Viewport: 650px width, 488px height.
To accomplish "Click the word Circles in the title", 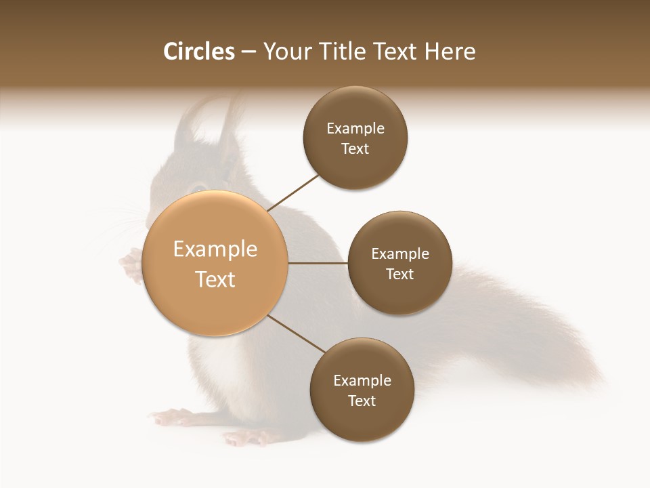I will click(199, 52).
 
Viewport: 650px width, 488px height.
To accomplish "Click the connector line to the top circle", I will click(294, 191).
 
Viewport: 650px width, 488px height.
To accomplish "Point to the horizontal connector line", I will click(318, 263).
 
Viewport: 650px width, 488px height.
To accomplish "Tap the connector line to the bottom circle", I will click(297, 333).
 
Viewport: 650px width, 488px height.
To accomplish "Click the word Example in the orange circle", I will click(215, 249).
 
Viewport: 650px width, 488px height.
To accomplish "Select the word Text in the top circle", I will click(355, 149).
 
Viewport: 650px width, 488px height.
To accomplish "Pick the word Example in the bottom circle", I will click(362, 381).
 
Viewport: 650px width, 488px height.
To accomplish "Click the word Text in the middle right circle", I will click(399, 274).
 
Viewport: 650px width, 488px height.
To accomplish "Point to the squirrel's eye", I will click(197, 188).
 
